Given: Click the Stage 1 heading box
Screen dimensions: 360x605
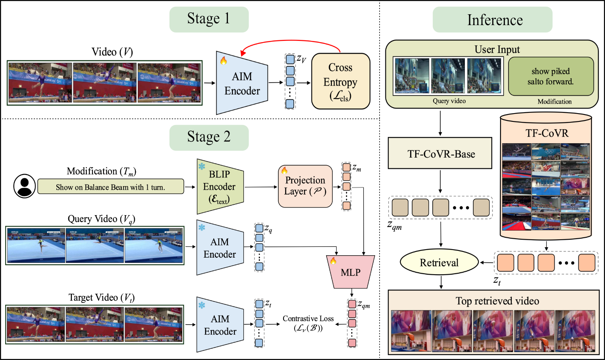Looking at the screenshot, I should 209,19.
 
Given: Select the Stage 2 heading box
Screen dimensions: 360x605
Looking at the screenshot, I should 209,137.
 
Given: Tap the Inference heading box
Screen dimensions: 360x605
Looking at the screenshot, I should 492,20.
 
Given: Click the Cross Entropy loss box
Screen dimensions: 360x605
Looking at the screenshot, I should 341,81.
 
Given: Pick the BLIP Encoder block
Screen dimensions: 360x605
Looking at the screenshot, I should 220,187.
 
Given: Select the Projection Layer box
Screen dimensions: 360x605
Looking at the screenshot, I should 305,187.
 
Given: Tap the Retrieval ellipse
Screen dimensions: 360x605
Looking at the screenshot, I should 439,262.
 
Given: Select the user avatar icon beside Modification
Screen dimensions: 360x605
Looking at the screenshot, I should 25,186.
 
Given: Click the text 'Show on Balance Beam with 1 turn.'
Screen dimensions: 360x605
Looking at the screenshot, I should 110,187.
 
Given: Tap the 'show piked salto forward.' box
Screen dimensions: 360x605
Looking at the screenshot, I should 551,76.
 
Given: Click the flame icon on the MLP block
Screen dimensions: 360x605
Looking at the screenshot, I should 333,261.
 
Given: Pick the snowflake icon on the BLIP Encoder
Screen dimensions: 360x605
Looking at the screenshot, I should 202,166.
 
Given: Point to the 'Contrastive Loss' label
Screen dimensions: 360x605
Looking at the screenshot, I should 308,319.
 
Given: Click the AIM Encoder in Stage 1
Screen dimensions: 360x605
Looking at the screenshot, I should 242,83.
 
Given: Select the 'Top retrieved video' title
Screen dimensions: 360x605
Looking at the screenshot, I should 497,301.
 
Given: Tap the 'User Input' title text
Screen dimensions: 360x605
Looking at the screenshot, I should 497,49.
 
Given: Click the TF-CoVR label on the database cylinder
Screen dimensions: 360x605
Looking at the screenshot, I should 547,133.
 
